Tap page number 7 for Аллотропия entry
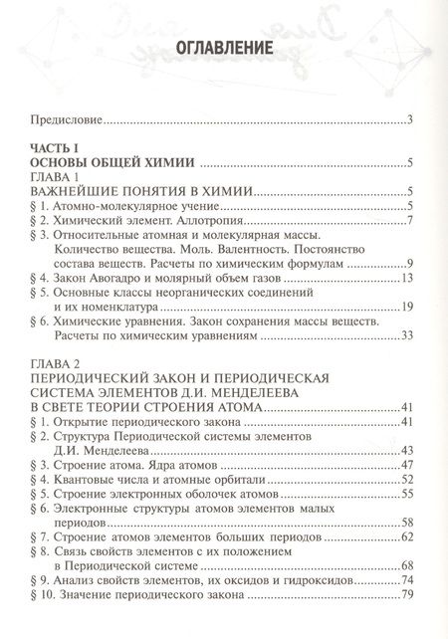click(410, 218)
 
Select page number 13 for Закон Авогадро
click(406, 281)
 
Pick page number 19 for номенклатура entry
click(406, 309)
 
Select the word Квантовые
click(83, 481)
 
